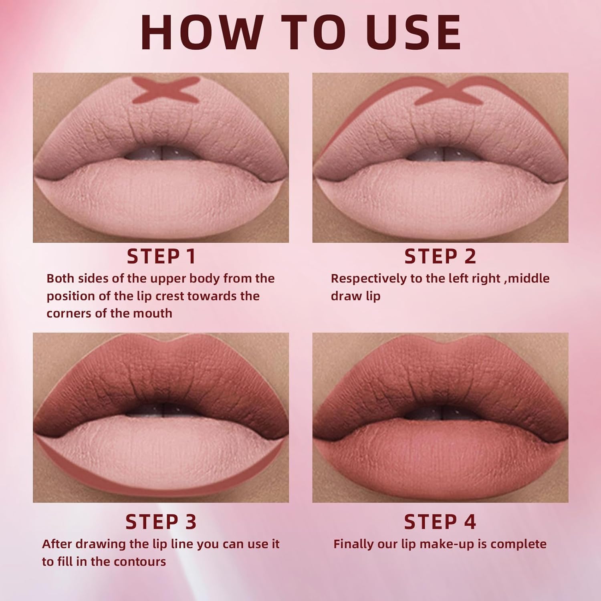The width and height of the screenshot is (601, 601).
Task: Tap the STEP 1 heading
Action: pyautogui.click(x=161, y=256)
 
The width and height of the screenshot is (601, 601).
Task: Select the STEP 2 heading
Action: pyautogui.click(x=440, y=256)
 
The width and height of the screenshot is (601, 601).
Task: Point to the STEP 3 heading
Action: pyautogui.click(x=161, y=522)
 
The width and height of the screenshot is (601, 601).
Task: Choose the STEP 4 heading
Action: pyautogui.click(x=440, y=522)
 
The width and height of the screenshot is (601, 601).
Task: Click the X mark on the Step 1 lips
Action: pyautogui.click(x=165, y=89)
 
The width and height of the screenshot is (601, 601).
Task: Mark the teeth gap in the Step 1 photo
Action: pyautogui.click(x=161, y=153)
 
